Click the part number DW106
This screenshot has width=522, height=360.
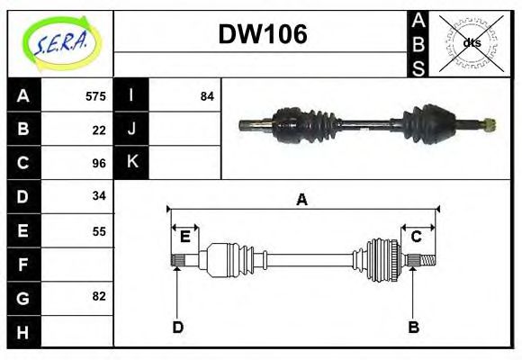click(x=263, y=34)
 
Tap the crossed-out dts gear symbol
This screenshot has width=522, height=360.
click(x=471, y=42)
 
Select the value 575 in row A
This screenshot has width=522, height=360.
click(x=95, y=96)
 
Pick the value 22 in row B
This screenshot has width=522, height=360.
click(x=99, y=130)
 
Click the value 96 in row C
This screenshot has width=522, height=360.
click(x=99, y=163)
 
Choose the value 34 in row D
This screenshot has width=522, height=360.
click(x=99, y=196)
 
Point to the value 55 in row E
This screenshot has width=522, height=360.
click(x=99, y=230)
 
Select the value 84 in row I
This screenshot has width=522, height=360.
click(x=207, y=96)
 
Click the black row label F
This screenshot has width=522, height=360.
click(x=23, y=265)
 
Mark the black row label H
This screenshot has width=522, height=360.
click(x=23, y=331)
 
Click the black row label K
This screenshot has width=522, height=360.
click(x=131, y=163)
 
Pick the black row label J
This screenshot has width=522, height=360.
click(x=131, y=130)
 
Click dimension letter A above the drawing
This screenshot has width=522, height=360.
click(x=302, y=200)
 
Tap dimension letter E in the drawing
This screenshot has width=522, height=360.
click(x=184, y=238)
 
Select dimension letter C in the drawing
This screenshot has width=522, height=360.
click(x=417, y=238)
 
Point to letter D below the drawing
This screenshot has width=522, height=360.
click(x=178, y=327)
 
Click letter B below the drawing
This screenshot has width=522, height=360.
click(x=413, y=327)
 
